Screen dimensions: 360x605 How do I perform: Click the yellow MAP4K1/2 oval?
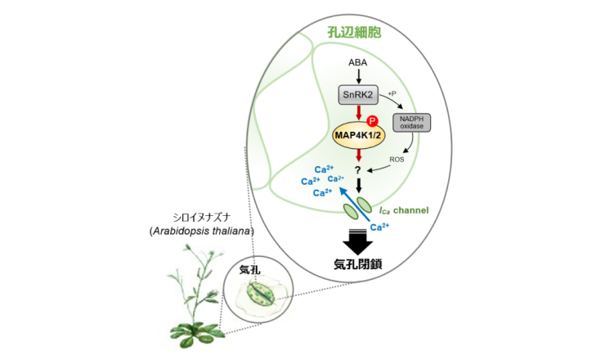358,133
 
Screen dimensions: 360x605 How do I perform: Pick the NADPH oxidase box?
412,123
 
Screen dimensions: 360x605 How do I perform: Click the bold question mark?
358,171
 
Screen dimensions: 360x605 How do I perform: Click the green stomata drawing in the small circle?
259,294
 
